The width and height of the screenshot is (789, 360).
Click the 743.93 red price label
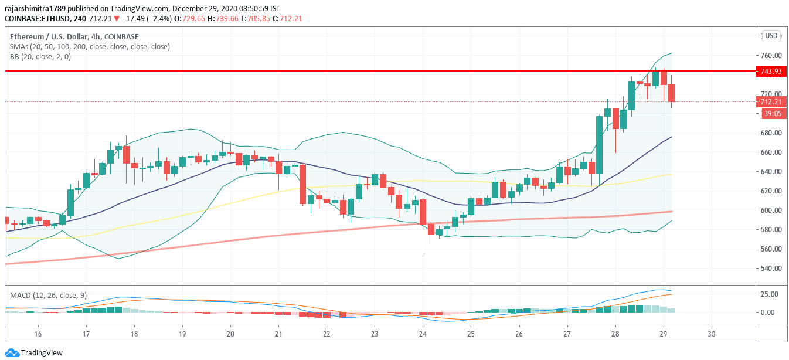(x=771, y=72)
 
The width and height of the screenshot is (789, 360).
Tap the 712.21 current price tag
(x=771, y=102)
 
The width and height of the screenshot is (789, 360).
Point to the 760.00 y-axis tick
(x=771, y=56)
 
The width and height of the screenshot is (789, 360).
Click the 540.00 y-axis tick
(x=771, y=269)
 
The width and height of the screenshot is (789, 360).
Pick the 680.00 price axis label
(x=771, y=133)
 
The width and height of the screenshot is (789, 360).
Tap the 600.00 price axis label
(x=771, y=210)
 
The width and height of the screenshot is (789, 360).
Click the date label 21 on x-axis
(x=278, y=334)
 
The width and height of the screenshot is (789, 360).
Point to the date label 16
(x=38, y=334)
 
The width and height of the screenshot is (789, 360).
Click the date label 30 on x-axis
(x=712, y=334)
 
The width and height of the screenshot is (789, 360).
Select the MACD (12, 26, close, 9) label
(x=48, y=295)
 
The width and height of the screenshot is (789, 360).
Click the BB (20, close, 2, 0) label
(x=40, y=57)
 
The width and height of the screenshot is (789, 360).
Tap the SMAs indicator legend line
(x=89, y=47)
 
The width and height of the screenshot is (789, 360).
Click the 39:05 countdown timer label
(x=771, y=114)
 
